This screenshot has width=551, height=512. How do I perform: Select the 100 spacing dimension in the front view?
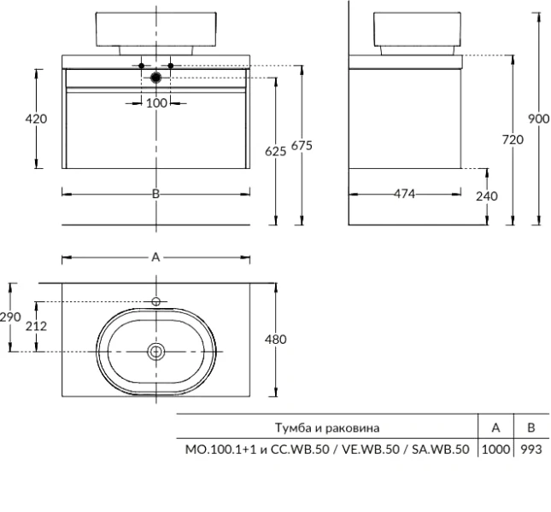point(156,103)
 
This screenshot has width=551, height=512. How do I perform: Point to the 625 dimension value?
point(275,151)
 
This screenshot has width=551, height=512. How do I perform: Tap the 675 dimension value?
point(302,146)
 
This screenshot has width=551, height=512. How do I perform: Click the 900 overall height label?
point(538,119)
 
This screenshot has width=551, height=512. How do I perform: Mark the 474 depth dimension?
point(405,195)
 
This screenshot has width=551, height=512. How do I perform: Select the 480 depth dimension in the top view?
point(275,339)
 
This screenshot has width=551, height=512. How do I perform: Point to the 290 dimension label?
point(9,317)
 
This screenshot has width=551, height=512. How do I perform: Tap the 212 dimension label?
point(36,326)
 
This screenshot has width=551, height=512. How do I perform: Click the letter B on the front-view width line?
point(155,194)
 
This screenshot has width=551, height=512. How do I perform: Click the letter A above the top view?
point(155,256)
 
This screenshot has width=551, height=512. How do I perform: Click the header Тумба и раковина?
point(327,427)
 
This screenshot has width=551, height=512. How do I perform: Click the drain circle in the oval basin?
point(155,351)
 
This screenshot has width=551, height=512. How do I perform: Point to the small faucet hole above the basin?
point(155,301)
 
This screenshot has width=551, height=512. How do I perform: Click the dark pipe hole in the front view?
point(155,79)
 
